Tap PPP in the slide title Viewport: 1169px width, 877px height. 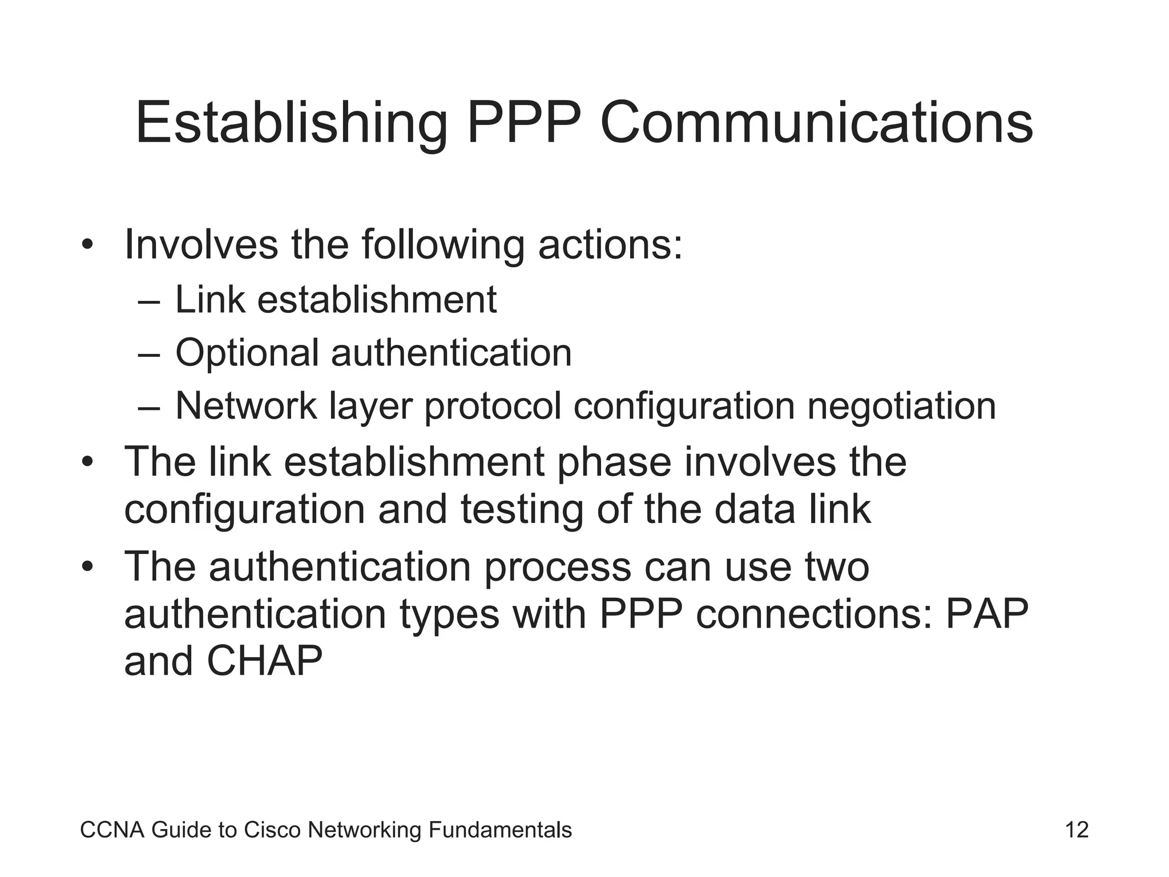click(524, 123)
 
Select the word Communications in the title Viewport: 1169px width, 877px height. click(816, 123)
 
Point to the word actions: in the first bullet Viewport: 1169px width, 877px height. click(610, 244)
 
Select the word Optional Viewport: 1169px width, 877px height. click(247, 353)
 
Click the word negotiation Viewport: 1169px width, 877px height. click(901, 407)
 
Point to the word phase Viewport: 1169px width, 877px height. click(614, 462)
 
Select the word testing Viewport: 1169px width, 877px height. click(522, 510)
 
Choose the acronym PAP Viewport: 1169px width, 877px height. click(987, 614)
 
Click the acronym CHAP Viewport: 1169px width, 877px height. click(264, 662)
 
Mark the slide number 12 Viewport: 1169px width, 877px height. click(1077, 830)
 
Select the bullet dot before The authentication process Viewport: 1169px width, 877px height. click(87, 568)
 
